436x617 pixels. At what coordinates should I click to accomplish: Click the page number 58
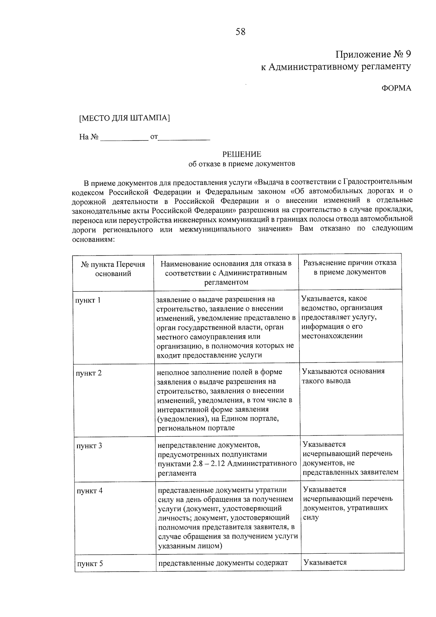(241, 32)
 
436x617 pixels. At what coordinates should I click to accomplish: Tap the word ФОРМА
(396, 88)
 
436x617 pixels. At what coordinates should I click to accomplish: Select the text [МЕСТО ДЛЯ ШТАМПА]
(124, 118)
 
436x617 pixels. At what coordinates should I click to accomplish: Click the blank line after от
(185, 138)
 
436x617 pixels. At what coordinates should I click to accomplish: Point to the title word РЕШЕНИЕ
(242, 154)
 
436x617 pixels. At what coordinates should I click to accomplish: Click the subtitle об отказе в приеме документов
(242, 164)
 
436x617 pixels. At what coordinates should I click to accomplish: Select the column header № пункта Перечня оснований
(113, 269)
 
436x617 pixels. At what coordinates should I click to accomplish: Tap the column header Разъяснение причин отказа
(350, 267)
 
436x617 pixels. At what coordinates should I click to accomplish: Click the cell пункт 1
(88, 300)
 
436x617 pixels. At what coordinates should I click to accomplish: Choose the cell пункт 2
(89, 373)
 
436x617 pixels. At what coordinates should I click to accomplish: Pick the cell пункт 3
(89, 446)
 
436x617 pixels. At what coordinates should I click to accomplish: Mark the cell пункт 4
(89, 491)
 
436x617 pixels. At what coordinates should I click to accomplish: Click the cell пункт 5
(90, 564)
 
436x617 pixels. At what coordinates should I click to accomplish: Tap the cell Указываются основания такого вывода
(343, 376)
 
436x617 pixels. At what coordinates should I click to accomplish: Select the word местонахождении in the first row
(332, 336)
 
